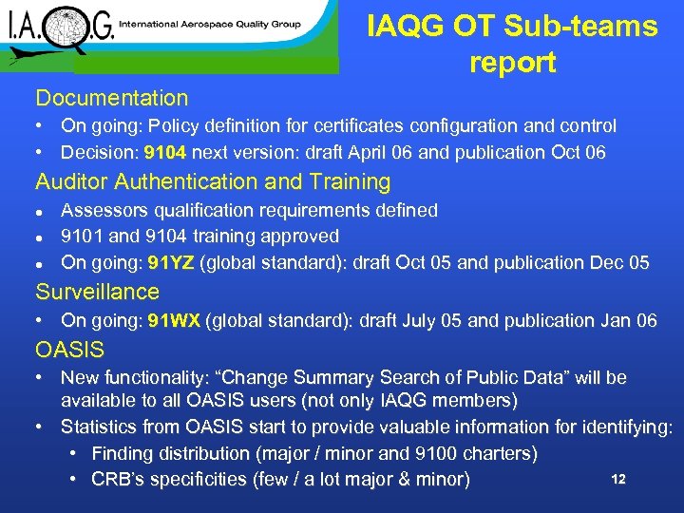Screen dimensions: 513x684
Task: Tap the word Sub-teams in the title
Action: click(x=584, y=26)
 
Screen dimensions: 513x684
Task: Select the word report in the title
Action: click(x=512, y=63)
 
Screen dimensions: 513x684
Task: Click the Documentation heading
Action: click(x=112, y=98)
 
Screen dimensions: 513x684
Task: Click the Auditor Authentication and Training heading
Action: click(x=213, y=181)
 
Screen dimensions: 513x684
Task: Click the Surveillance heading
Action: click(x=98, y=292)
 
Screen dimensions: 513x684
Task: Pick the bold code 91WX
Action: click(x=174, y=321)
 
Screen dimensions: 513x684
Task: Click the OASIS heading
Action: click(x=70, y=351)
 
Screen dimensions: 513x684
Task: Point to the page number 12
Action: click(x=618, y=479)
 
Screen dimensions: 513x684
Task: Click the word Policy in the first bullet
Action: click(x=176, y=125)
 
